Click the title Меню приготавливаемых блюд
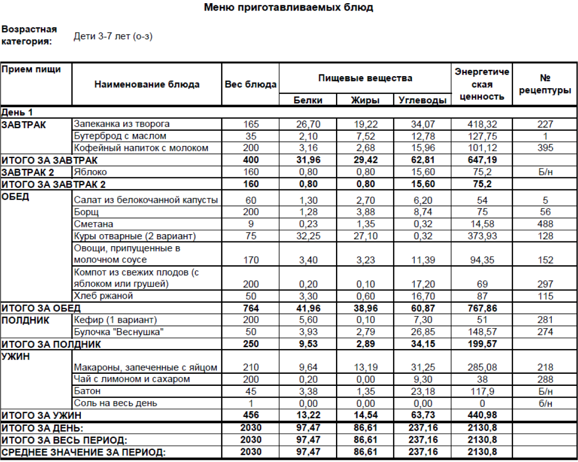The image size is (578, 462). point(288,7)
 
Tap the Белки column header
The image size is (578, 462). point(308,100)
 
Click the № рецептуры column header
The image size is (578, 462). point(545,84)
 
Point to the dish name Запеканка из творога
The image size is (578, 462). point(122,124)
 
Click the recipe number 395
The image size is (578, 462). point(545,148)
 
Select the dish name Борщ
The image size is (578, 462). point(87,212)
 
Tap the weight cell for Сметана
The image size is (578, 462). point(250,224)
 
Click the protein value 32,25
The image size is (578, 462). point(308,236)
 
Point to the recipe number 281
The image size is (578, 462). point(545,320)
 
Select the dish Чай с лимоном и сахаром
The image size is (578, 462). point(132,380)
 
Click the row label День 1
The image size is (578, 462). point(18,112)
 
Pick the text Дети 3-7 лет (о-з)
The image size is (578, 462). point(113,37)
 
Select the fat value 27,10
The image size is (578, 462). point(365,236)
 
